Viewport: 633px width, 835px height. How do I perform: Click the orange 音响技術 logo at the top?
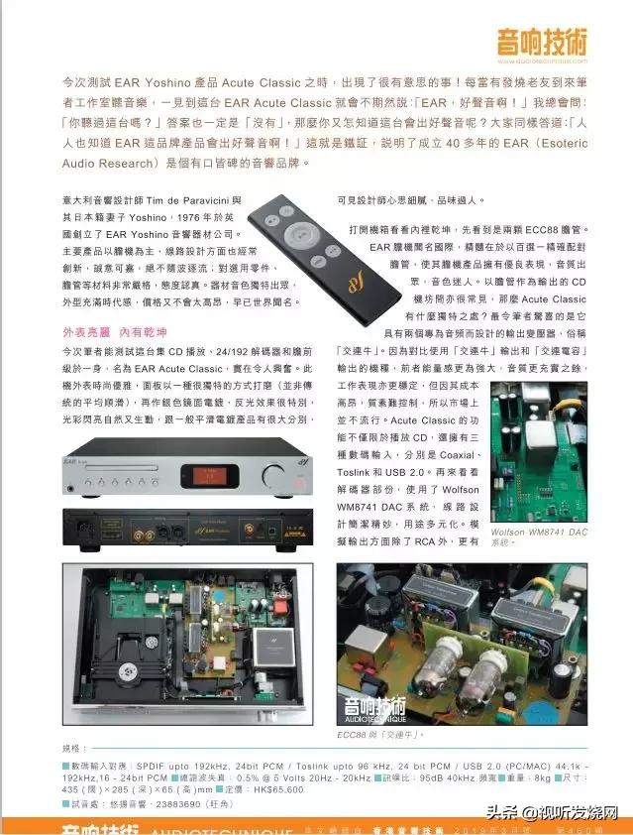pyautogui.click(x=542, y=43)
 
